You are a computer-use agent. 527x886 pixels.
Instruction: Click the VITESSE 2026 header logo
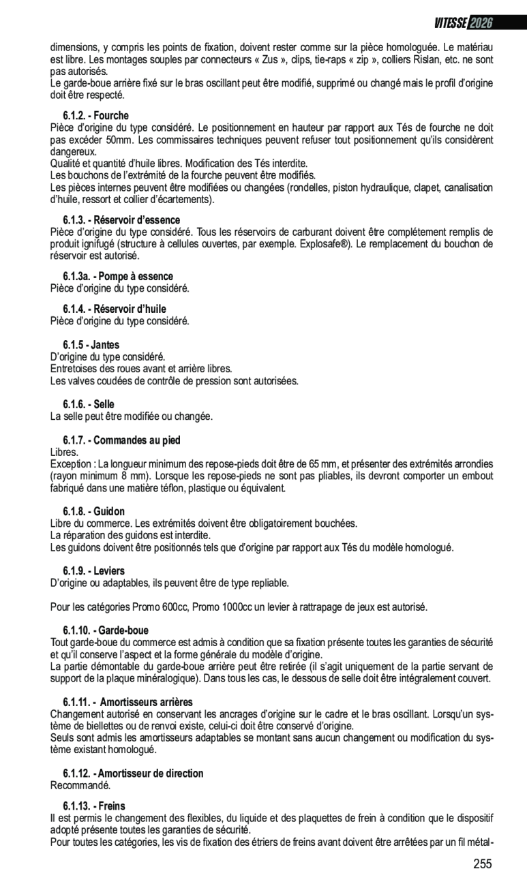pos(463,22)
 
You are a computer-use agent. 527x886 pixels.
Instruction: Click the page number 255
pos(482,864)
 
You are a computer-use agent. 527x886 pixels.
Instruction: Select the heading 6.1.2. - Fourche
pos(95,116)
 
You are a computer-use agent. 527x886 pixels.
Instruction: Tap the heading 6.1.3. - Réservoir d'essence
pos(121,220)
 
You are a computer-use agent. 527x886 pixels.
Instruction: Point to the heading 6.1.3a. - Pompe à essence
pos(118,276)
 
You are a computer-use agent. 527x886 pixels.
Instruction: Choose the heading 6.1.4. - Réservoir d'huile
pos(115,309)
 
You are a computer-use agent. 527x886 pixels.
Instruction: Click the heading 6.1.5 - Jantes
pos(91,345)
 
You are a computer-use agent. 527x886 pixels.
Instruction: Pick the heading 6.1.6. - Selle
pos(89,404)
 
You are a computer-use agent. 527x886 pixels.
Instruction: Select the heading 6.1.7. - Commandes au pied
pos(121,440)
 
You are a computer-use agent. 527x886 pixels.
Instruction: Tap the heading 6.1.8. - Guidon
pos(94,511)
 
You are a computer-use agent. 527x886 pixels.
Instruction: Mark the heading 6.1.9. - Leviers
pos(94,570)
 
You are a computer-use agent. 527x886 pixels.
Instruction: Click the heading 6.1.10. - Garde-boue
pos(106,630)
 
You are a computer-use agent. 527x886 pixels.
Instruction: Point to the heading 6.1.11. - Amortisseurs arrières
pos(127,702)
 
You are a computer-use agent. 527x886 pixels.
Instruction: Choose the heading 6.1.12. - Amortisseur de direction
pos(133,774)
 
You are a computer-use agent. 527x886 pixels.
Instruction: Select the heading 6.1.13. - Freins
pos(94,806)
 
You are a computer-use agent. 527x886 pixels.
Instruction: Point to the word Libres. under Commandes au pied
pos(65,452)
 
